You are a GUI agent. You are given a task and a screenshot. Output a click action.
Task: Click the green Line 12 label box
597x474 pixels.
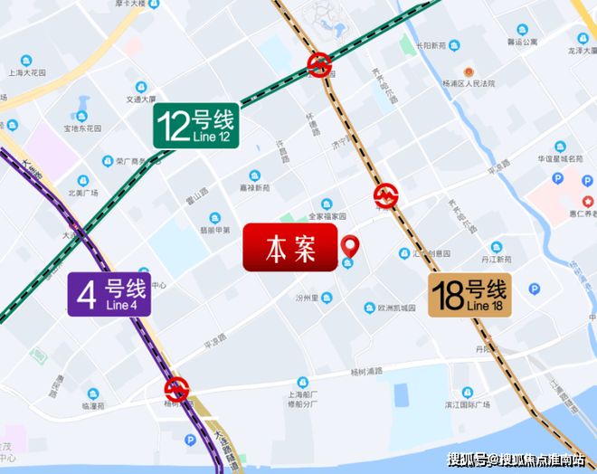tap(196, 126)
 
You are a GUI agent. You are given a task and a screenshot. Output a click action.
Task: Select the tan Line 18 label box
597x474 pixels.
tap(469, 295)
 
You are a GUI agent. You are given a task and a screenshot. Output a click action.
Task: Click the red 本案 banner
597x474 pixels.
tap(289, 249)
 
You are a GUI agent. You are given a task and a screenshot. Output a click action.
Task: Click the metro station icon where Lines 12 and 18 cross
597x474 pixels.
tap(318, 63)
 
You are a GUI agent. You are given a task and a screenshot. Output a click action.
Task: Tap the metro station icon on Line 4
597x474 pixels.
tap(177, 390)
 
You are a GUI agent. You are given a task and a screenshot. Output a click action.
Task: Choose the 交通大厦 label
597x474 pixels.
tap(142, 100)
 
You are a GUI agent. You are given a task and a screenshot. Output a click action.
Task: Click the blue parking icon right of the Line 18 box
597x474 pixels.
tap(534, 289)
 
